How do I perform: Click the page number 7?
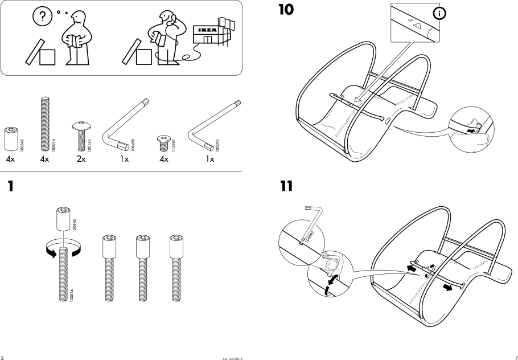click(516, 357)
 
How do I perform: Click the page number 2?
click(2, 357)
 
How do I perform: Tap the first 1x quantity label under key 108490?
click(124, 160)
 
